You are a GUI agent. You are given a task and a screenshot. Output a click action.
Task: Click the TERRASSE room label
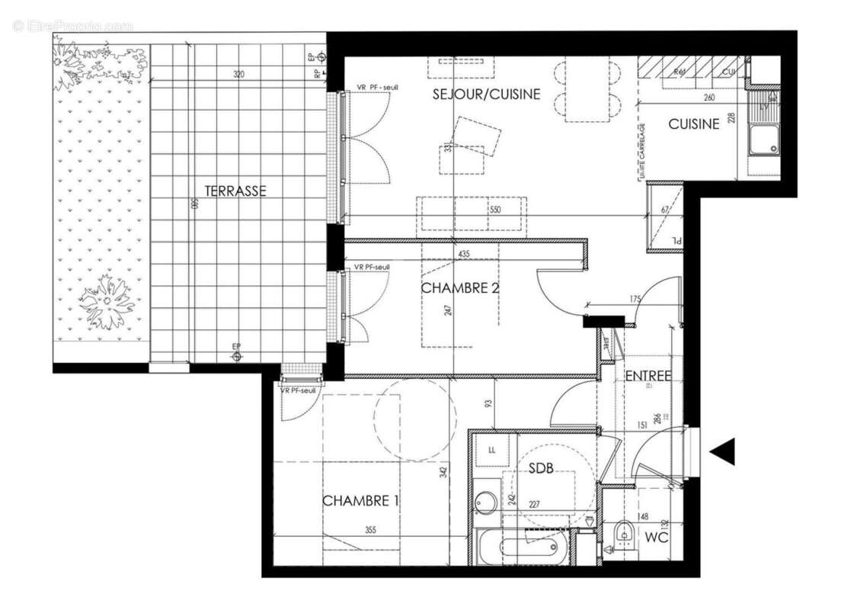[x=235, y=191]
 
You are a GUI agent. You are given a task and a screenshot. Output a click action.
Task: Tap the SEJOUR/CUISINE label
[x=486, y=95]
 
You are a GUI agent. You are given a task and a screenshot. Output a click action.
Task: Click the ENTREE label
[x=648, y=376]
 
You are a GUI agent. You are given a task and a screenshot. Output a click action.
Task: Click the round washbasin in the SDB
[x=485, y=502]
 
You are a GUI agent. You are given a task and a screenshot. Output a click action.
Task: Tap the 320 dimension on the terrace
[x=238, y=75]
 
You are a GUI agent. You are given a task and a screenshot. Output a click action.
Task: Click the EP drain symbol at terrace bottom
[x=237, y=355]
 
